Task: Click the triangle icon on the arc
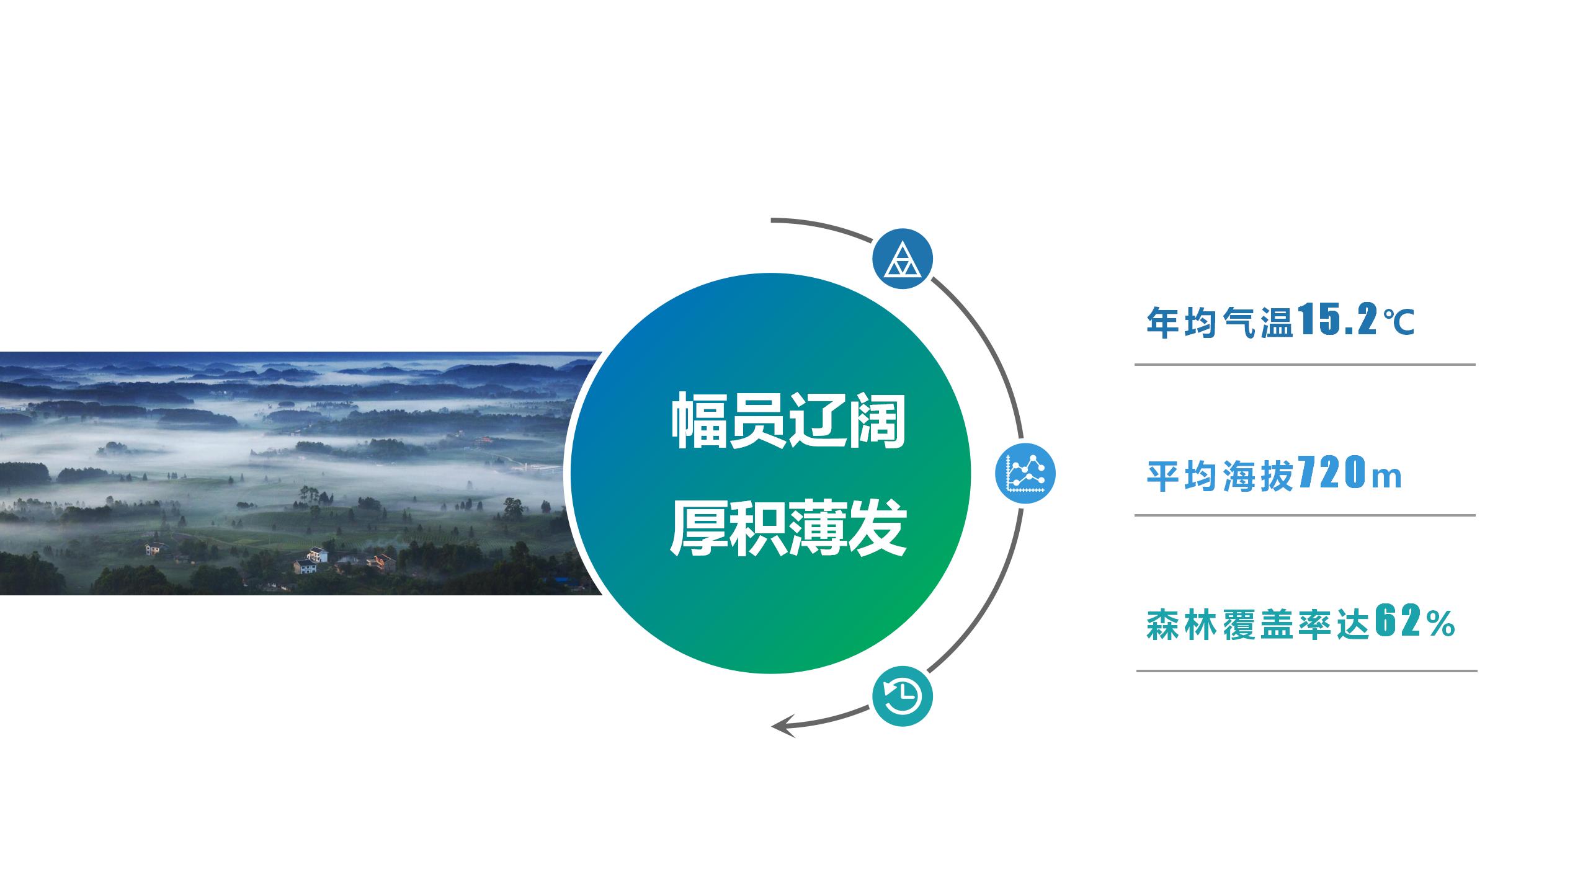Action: click(903, 258)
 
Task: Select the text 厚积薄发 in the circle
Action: click(788, 528)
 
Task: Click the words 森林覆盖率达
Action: click(1258, 623)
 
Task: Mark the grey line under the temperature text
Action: click(1305, 365)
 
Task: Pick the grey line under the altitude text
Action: click(1305, 515)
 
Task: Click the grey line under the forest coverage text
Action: click(1306, 670)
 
